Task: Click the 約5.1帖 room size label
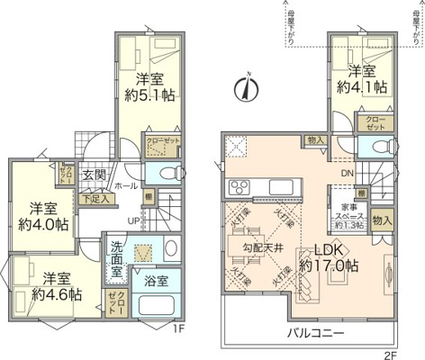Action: pos(149,96)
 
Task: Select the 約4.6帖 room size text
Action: pos(56,294)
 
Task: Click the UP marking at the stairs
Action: pos(132,220)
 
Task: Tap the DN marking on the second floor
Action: pos(347,175)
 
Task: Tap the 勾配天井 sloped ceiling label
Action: pos(262,246)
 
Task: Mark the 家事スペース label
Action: pos(346,215)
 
